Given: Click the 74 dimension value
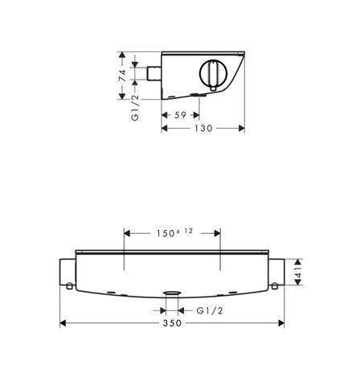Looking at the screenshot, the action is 122,76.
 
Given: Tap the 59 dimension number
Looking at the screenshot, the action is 180,115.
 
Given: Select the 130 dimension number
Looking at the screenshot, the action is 203,129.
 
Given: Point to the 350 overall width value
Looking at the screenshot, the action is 172,323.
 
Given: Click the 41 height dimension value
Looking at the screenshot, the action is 298,272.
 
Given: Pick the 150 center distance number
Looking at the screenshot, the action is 166,233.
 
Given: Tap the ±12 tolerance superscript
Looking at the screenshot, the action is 185,232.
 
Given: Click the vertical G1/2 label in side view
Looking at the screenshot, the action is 136,108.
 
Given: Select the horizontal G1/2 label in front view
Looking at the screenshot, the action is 210,311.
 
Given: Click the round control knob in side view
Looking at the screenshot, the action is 213,73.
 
